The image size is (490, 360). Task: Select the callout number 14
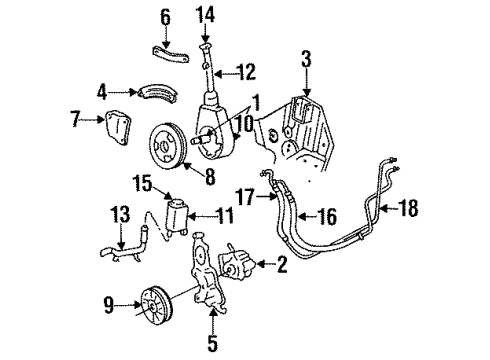coord(206,14)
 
